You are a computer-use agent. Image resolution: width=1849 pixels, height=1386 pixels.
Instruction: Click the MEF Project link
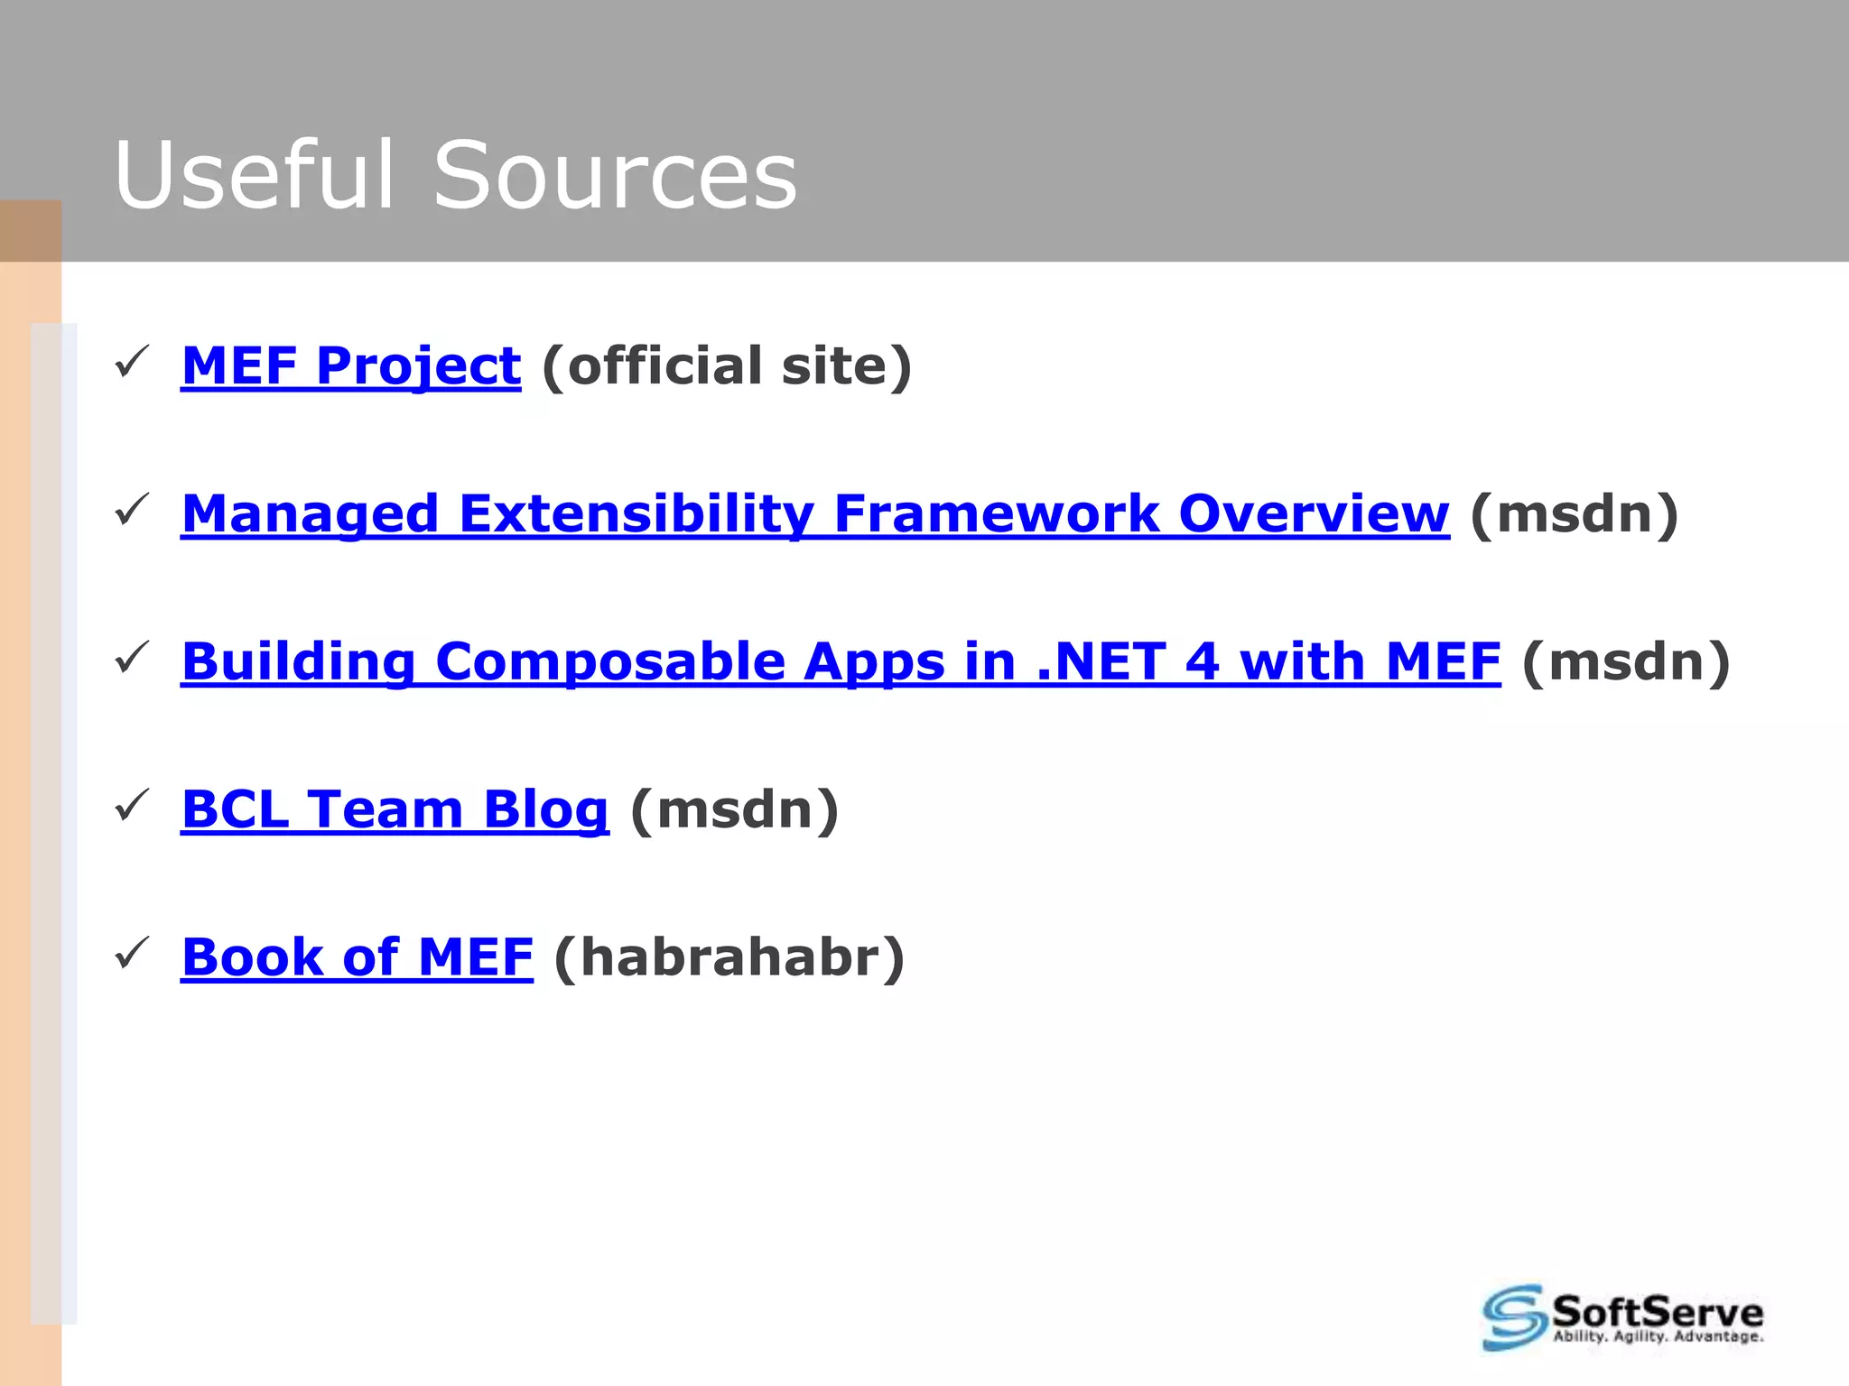(350, 365)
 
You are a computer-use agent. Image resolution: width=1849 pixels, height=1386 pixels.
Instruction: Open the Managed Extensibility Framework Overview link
(814, 513)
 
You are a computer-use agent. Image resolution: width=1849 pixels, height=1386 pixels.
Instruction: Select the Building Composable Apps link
(840, 661)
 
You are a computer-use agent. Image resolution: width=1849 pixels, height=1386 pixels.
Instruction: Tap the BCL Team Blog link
(395, 809)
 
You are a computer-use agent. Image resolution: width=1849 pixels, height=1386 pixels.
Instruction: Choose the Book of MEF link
(357, 957)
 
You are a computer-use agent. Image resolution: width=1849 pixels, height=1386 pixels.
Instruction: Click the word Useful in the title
(255, 175)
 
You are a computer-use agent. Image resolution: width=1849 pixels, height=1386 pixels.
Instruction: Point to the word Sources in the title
(615, 175)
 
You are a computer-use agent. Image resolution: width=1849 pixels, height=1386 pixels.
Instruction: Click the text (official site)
(727, 365)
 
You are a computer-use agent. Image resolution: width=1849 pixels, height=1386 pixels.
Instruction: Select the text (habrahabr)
(729, 957)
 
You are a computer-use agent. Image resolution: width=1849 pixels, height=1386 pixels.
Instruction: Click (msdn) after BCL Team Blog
(734, 809)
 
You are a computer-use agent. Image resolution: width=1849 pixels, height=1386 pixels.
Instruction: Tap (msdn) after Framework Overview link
(1575, 513)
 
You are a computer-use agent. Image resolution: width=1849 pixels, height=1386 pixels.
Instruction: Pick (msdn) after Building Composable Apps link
(1626, 661)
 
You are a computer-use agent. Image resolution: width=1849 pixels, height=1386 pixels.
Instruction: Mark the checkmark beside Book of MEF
(132, 955)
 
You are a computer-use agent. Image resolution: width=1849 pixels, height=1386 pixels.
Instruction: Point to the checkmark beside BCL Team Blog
(132, 807)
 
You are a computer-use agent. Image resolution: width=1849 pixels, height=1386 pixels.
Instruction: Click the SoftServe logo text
(1657, 1311)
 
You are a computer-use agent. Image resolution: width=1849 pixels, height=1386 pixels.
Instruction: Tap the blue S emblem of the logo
(1514, 1317)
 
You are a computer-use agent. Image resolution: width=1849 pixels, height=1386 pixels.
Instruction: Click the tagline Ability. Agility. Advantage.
(1658, 1336)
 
